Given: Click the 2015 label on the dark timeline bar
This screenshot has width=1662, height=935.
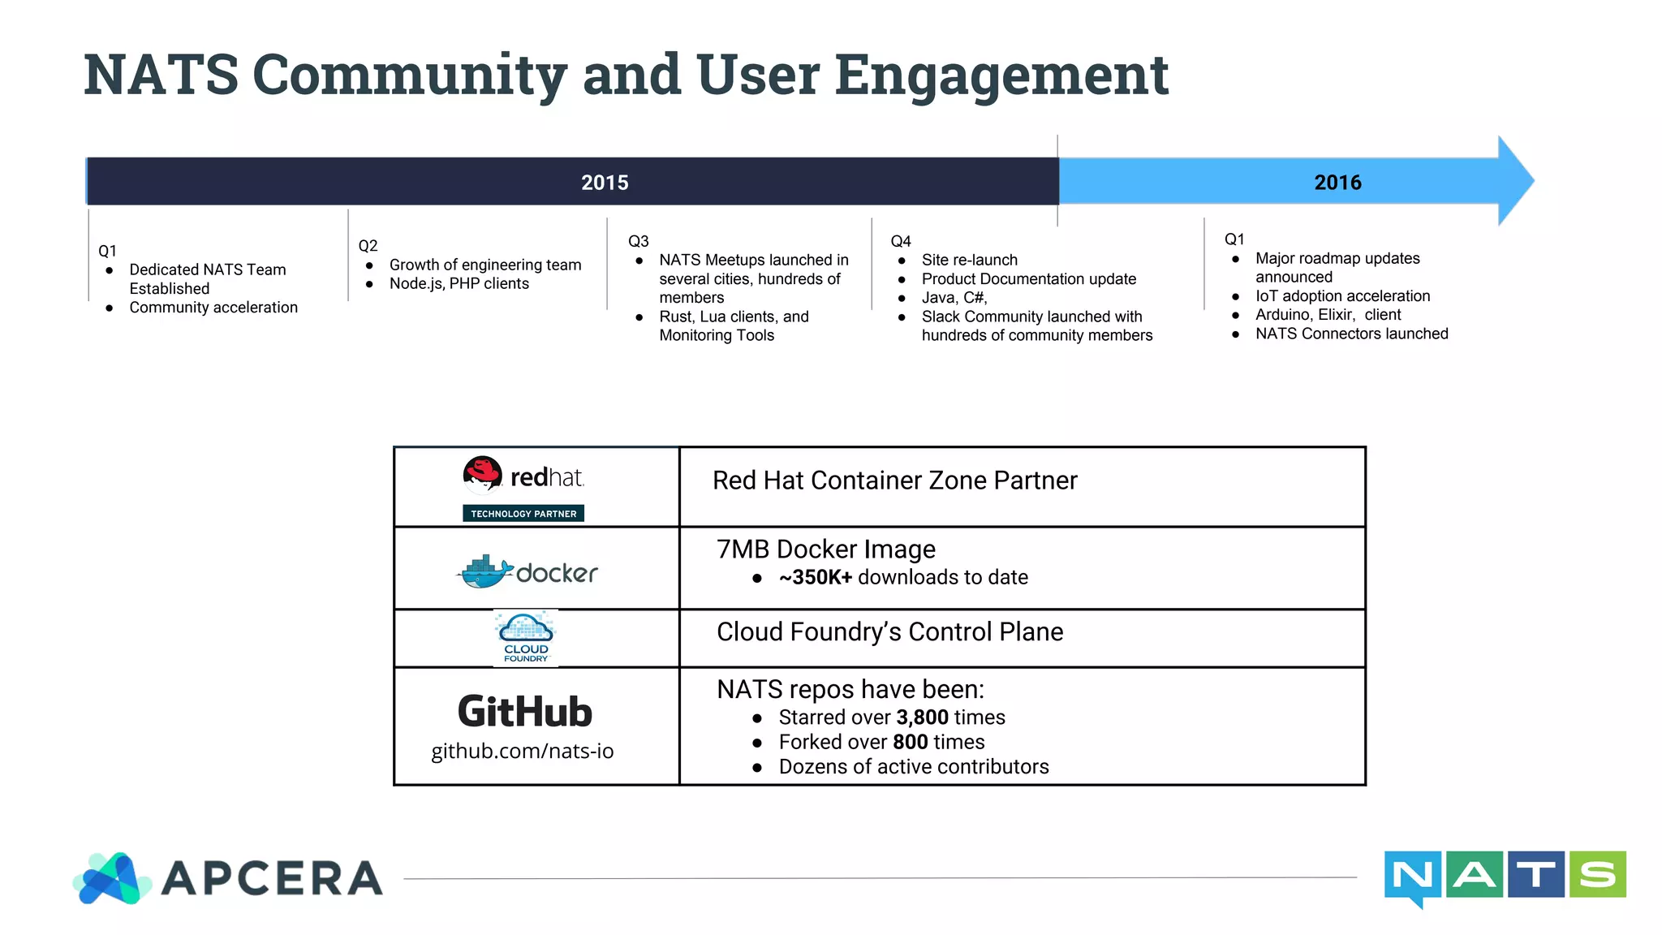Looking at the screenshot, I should [605, 183].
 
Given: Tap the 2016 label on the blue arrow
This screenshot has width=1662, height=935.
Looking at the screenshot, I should [1337, 183].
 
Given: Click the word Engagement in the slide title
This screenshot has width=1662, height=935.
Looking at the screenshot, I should [1001, 75].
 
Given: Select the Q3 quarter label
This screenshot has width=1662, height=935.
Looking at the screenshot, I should [639, 241].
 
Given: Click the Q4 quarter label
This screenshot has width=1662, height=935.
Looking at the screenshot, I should [901, 241].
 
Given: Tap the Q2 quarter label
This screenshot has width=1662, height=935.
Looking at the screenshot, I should [368, 246].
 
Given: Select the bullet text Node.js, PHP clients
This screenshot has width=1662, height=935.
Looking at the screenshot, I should [459, 283].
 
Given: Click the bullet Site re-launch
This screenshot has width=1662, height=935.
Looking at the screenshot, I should [969, 260].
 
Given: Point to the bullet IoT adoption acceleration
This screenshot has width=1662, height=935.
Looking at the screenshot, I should [1342, 296].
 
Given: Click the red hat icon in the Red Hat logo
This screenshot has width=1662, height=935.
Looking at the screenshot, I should [482, 473].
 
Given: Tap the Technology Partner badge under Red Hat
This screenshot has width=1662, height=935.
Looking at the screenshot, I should [523, 514].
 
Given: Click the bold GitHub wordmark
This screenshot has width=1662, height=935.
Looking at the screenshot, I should [525, 712].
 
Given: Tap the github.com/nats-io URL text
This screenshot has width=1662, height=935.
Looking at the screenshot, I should [522, 751].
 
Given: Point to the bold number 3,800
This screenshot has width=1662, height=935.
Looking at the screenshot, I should [922, 717].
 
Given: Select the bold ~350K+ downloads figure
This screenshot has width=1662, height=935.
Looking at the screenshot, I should [815, 577].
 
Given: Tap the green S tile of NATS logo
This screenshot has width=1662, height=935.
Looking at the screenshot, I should [1597, 874].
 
